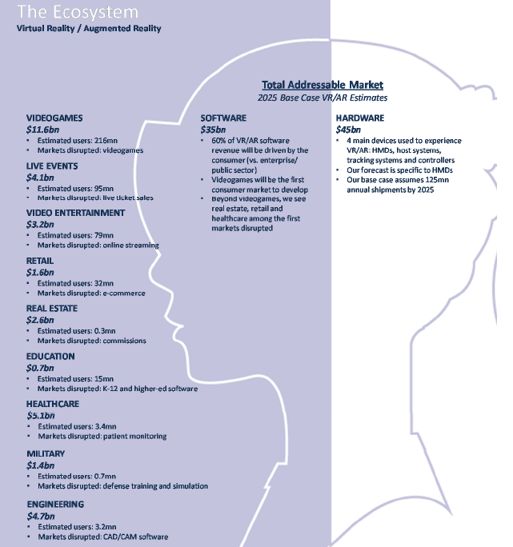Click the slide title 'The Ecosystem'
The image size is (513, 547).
tap(78, 12)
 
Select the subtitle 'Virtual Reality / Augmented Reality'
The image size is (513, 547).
tap(89, 28)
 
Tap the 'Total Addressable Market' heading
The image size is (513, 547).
tap(323, 85)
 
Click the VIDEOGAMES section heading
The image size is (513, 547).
tap(54, 118)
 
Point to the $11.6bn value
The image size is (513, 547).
tap(42, 130)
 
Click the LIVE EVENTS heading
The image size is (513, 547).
tap(52, 166)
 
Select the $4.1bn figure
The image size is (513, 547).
tap(40, 178)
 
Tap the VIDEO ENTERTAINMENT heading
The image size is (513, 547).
tap(75, 213)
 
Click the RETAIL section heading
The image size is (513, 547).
tap(40, 261)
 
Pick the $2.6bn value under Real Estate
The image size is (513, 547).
tap(40, 320)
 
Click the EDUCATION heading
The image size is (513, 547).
tap(50, 356)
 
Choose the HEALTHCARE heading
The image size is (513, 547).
tap(53, 404)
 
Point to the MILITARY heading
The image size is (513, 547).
tap(46, 453)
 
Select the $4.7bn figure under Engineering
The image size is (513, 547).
tap(41, 516)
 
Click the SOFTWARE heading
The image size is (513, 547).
tap(223, 118)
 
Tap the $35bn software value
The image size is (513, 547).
tap(213, 130)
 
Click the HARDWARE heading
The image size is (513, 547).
tap(360, 118)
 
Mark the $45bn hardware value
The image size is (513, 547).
tap(348, 130)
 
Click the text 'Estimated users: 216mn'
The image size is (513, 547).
tap(78, 141)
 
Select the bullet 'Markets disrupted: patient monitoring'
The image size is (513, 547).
tap(102, 436)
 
